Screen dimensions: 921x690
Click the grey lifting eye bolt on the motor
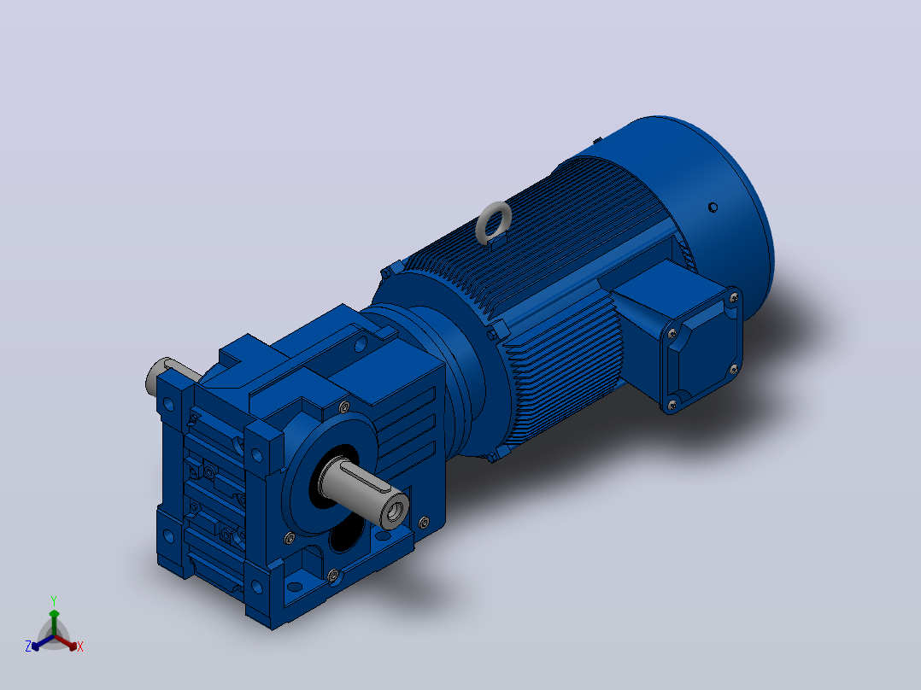coord(494,223)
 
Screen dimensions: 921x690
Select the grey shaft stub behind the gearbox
coord(167,376)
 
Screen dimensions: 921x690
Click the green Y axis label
coord(54,600)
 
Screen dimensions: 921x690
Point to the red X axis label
coord(80,646)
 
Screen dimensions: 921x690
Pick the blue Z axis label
coord(28,646)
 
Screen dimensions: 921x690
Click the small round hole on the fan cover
coord(713,208)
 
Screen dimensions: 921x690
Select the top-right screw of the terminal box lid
coord(734,298)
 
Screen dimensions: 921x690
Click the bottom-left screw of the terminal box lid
coord(672,404)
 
